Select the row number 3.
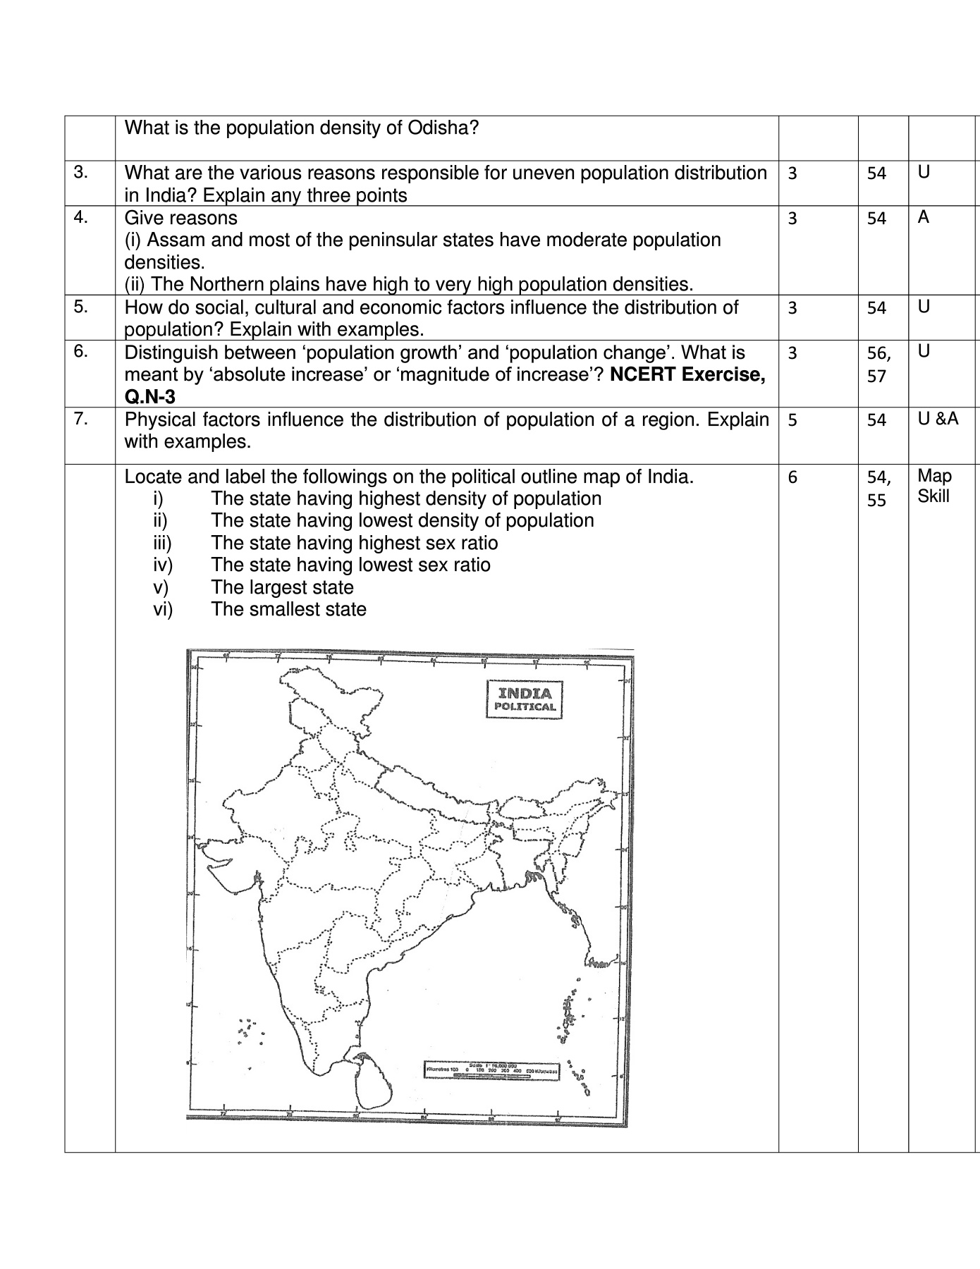pyautogui.click(x=81, y=172)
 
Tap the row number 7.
pyautogui.click(x=81, y=419)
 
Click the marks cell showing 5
pyautogui.click(x=792, y=420)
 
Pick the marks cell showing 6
pyautogui.click(x=792, y=477)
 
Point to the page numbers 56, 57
pyautogui.click(x=878, y=364)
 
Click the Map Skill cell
pyautogui.click(x=933, y=486)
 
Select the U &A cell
pyautogui.click(x=938, y=419)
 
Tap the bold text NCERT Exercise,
pyautogui.click(x=687, y=374)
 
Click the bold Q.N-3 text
pyautogui.click(x=149, y=397)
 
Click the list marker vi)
pyautogui.click(x=163, y=609)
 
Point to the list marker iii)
pyautogui.click(x=162, y=543)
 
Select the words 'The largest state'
pyautogui.click(x=282, y=587)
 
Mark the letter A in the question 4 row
pyautogui.click(x=924, y=217)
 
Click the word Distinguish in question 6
pyautogui.click(x=171, y=352)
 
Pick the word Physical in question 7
pyautogui.click(x=160, y=419)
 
